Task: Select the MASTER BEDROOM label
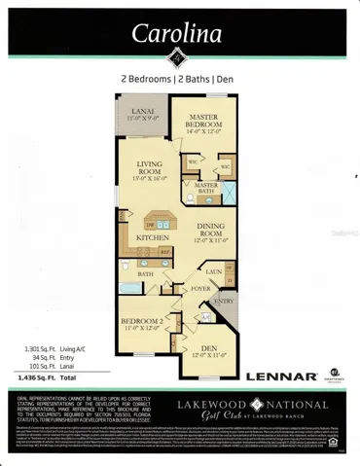click(x=208, y=119)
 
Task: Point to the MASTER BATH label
click(x=206, y=188)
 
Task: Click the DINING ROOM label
click(x=212, y=232)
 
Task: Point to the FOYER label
click(x=201, y=289)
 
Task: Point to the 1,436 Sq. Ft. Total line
click(x=48, y=374)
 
